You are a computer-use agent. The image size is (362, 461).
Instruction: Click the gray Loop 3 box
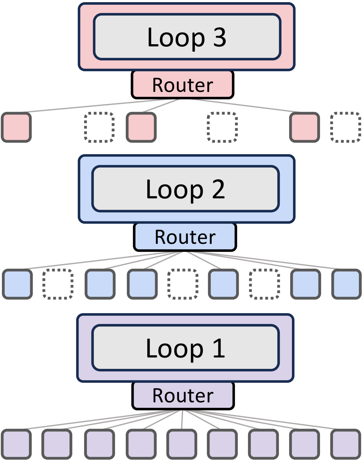tap(187, 37)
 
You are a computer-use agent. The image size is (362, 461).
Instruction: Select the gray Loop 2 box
tap(186, 189)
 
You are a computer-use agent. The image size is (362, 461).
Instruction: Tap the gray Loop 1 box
tap(186, 348)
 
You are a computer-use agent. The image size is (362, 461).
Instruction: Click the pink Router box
tap(182, 85)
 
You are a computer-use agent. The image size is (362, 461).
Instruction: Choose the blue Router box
tap(185, 237)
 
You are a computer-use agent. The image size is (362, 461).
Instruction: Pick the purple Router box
tap(183, 396)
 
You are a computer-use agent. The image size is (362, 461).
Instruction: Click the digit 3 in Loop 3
tap(220, 37)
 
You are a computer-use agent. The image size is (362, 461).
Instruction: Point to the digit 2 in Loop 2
tap(219, 189)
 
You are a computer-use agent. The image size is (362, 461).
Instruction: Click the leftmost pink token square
tap(16, 127)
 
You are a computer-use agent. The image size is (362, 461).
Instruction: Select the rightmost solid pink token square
tap(304, 127)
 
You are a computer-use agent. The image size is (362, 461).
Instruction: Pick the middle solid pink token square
tap(141, 127)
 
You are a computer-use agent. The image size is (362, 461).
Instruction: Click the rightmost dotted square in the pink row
tap(345, 127)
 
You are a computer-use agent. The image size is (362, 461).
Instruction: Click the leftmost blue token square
tap(17, 284)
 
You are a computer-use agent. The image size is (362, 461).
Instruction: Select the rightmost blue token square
tap(346, 284)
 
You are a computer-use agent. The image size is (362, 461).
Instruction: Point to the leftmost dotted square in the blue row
tap(58, 284)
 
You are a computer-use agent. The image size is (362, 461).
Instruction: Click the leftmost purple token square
tap(16, 444)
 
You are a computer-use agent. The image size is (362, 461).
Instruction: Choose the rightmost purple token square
tap(346, 444)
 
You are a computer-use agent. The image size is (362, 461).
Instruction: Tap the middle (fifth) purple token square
tap(182, 444)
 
